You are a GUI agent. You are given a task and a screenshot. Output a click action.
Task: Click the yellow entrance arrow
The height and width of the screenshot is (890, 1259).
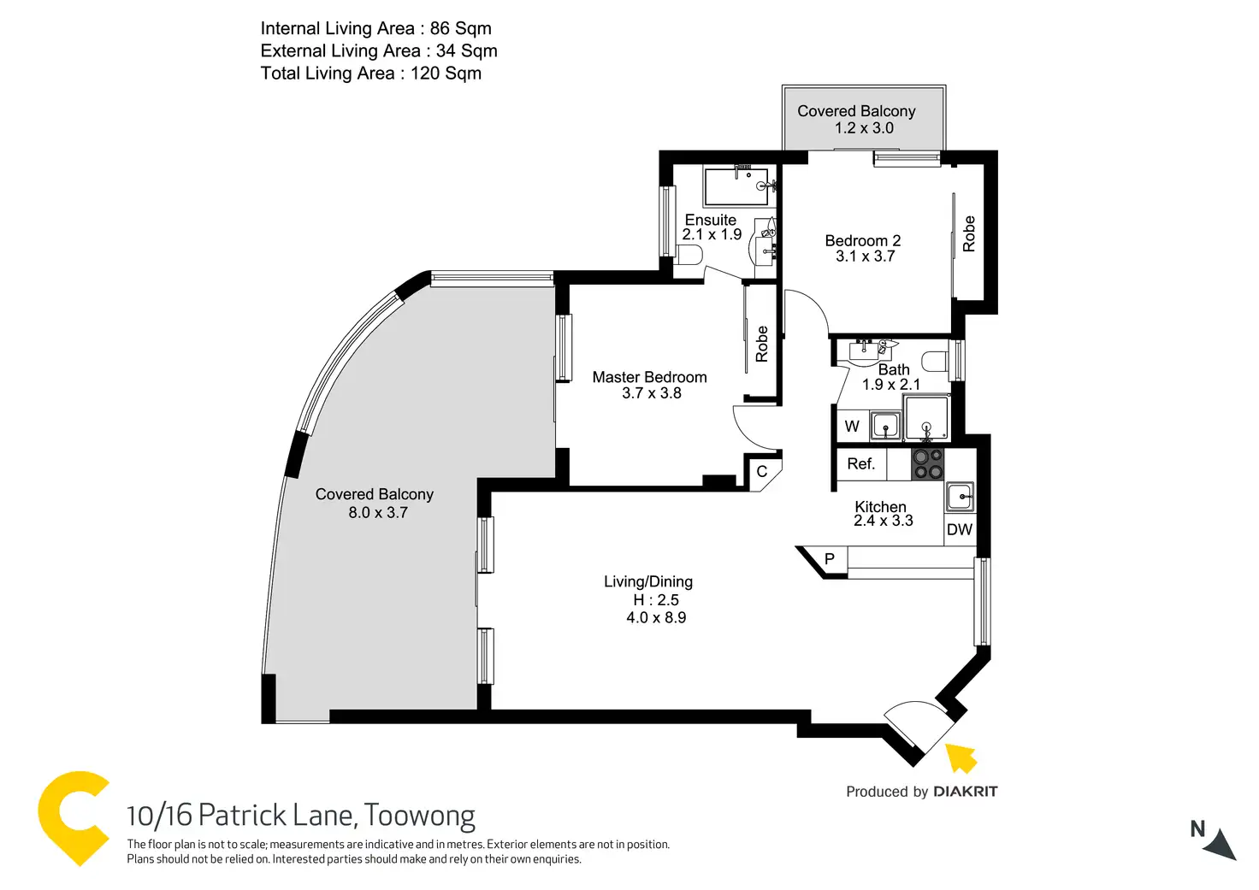coord(961,758)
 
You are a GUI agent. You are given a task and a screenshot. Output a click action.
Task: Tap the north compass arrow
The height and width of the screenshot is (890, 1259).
coord(1221,846)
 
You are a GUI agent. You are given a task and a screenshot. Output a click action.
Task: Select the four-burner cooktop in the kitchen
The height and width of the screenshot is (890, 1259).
coord(927,464)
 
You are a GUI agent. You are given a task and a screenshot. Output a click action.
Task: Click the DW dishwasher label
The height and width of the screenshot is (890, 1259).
coord(960,529)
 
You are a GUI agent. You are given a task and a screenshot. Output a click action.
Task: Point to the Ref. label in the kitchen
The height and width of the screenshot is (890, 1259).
coord(861,463)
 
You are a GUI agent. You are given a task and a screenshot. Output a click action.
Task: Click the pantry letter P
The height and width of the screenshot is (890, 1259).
coord(829,559)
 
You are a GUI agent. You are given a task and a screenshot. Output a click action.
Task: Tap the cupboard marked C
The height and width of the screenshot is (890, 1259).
coord(762,471)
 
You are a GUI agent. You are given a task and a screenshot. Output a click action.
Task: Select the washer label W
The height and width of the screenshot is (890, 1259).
coord(852,427)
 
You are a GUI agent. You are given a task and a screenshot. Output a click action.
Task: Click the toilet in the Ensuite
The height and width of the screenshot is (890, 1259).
coord(687,255)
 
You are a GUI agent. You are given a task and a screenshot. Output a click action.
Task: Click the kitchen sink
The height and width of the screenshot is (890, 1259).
coord(960,497)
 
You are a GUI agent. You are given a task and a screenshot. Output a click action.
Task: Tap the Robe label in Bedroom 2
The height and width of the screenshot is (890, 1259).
coord(969,233)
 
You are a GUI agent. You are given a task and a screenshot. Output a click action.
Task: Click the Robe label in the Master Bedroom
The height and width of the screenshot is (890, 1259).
coord(761,344)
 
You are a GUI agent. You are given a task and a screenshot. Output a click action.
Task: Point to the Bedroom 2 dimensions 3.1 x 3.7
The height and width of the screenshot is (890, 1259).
coord(865,256)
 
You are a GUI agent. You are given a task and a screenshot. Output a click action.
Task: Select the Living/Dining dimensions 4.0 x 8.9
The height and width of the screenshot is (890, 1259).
coord(656,617)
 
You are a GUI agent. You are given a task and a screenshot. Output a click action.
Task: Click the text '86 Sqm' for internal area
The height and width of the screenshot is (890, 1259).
coord(460,28)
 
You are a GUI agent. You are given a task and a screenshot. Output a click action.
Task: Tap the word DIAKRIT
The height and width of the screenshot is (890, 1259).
coord(966,792)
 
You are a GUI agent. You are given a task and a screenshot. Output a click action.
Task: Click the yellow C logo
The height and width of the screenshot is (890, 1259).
coord(74,819)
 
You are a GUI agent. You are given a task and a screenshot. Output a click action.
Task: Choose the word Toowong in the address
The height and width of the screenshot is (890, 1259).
coord(419,816)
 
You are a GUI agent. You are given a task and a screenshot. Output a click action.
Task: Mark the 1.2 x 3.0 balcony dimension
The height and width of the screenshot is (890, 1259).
coord(864,128)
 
